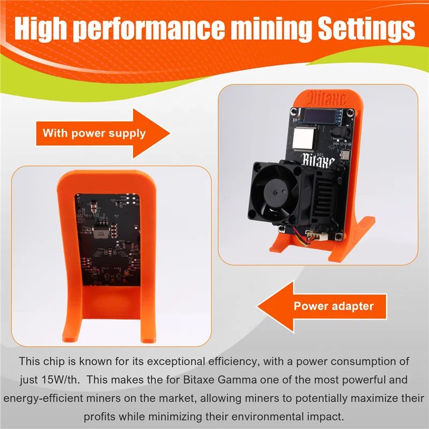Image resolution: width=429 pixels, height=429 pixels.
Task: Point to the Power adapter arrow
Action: [x=322, y=306]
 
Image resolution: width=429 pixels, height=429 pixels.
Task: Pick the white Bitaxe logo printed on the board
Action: [x=319, y=159]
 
